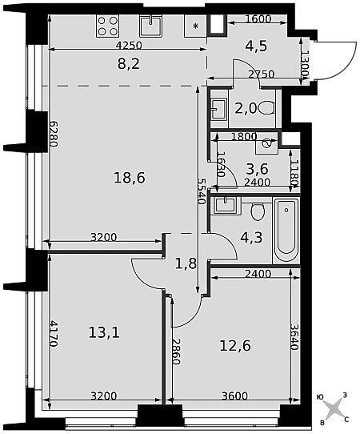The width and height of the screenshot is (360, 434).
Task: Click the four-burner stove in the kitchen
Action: tap(108, 26)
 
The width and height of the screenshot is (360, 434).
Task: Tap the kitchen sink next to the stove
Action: tap(150, 26)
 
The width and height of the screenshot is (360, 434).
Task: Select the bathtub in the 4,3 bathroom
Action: tap(286, 230)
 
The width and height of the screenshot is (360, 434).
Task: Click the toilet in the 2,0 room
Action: tap(267, 107)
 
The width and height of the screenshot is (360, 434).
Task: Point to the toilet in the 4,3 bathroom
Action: tap(258, 211)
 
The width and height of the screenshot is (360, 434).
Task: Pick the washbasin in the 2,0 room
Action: tap(218, 109)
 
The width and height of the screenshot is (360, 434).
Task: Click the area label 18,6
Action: tap(130, 178)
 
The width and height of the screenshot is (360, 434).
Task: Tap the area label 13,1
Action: tap(104, 332)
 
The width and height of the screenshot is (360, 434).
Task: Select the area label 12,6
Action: tap(235, 345)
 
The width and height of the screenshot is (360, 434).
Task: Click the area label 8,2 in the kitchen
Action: tap(129, 64)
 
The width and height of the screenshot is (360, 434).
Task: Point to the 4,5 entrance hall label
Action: tap(256, 46)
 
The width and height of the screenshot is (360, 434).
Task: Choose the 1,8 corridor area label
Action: tap(186, 263)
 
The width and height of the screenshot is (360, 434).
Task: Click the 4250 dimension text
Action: tap(129, 45)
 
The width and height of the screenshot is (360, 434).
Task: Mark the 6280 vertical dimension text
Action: tap(54, 134)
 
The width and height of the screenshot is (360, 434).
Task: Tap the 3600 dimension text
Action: tap(235, 396)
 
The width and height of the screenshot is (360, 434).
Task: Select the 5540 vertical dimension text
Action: tap(202, 191)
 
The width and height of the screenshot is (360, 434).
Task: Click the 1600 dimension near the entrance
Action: tap(258, 19)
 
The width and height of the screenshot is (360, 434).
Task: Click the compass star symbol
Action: tap(333, 408)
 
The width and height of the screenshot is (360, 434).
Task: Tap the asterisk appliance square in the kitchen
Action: tap(196, 26)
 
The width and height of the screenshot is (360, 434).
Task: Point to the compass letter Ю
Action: tap(320, 397)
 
